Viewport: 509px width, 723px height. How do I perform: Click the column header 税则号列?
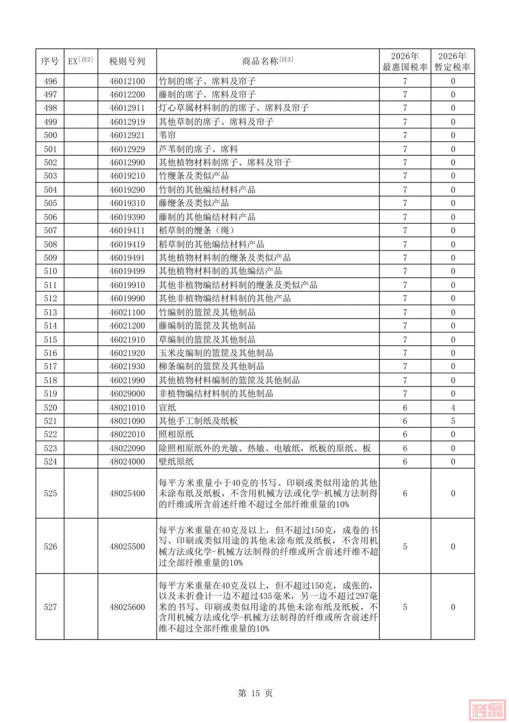127,61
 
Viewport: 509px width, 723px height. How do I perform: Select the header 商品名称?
267,61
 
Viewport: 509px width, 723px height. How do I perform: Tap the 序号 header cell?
50,61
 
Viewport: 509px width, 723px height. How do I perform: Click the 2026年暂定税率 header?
452,62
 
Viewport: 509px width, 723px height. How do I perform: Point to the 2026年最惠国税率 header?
405,62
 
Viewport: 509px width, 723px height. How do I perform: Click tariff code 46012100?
127,81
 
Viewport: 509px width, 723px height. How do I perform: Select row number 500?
50,135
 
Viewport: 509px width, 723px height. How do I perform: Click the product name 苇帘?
167,135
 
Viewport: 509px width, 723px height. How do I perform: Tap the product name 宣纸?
167,407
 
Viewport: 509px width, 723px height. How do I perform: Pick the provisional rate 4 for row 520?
453,407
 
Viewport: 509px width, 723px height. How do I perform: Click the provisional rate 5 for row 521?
453,421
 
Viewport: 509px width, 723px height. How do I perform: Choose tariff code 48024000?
127,462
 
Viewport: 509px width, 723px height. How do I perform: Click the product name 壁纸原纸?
176,462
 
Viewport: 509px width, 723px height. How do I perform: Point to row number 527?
50,607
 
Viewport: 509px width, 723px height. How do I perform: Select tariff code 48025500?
127,546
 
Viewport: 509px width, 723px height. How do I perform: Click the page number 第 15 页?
255,693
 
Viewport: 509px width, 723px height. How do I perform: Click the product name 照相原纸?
176,434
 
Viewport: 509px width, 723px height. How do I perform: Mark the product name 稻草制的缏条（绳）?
197,230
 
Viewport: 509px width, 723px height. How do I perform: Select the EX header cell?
81,61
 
